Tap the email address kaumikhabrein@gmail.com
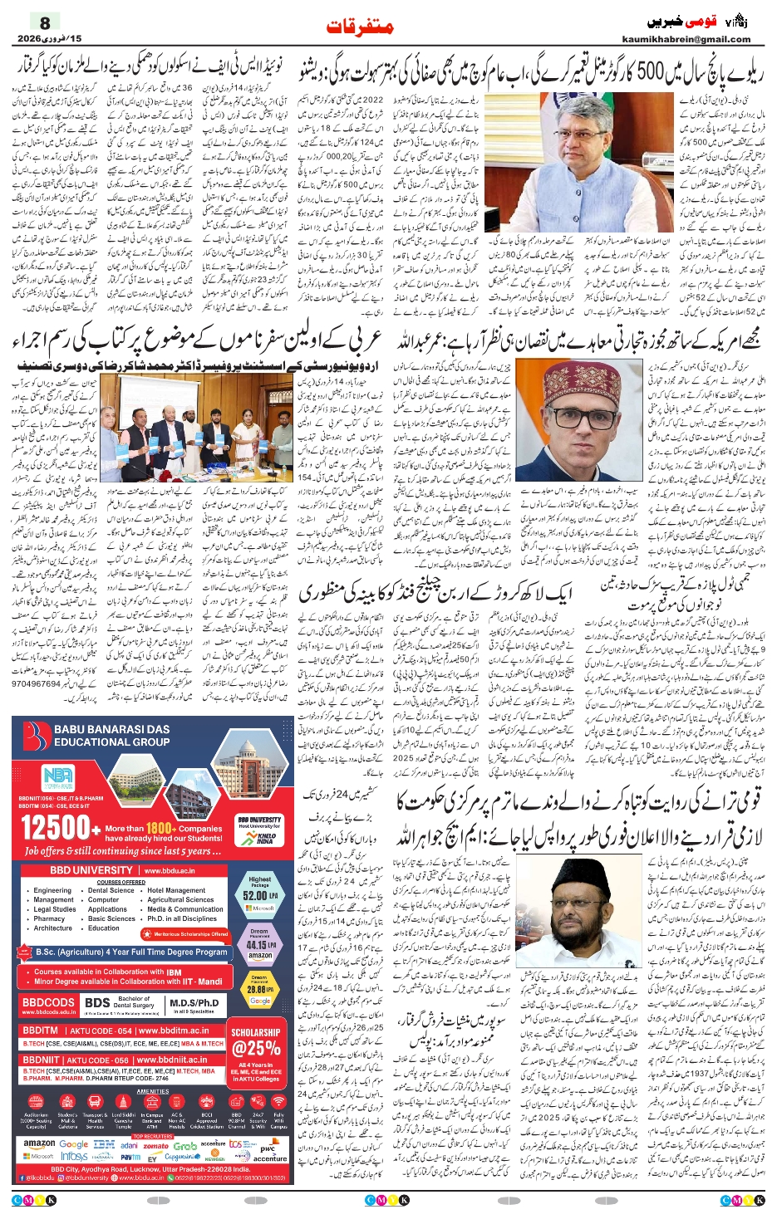[x=686, y=39]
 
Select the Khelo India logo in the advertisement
[x=264, y=836]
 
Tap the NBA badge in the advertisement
[x=57, y=777]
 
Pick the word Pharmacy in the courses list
[x=49, y=918]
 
